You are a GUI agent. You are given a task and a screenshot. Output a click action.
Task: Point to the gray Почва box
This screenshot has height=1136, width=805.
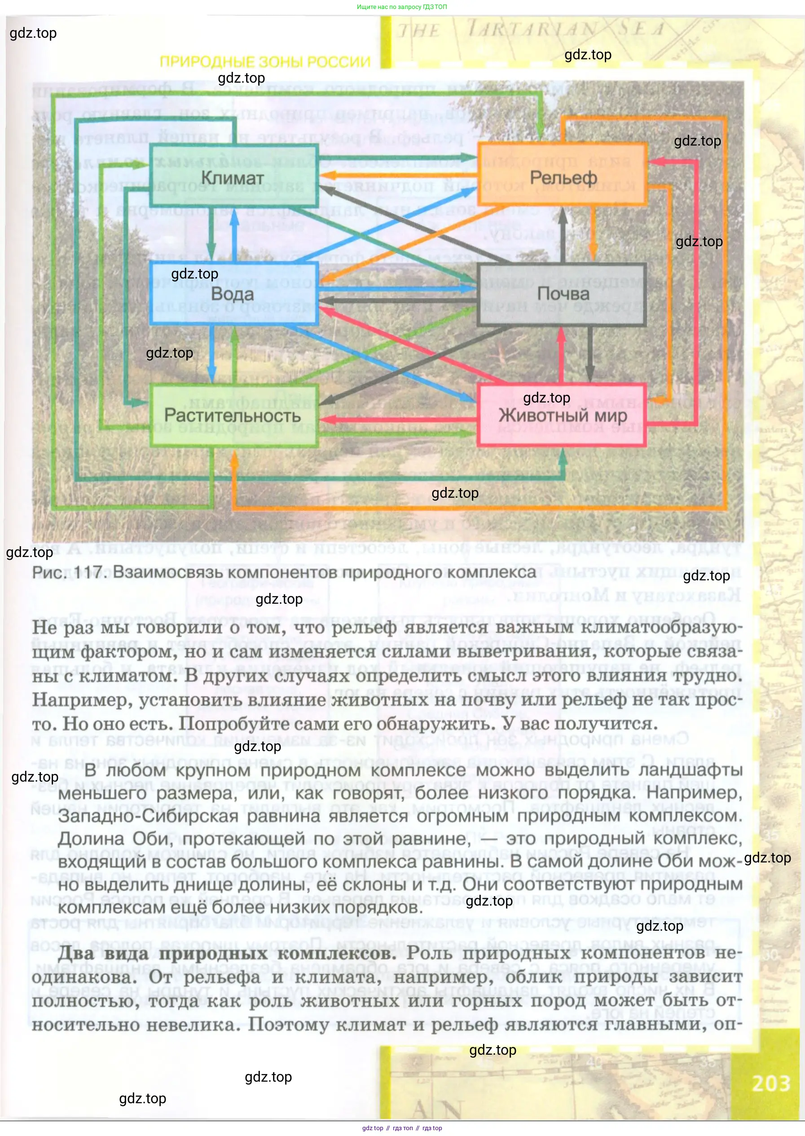click(563, 294)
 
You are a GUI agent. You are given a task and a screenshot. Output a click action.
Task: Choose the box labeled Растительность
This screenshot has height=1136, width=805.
click(233, 416)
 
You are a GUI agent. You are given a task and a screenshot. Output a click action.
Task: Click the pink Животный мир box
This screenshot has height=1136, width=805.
click(563, 416)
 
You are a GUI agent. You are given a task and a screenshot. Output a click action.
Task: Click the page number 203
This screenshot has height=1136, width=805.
click(771, 1083)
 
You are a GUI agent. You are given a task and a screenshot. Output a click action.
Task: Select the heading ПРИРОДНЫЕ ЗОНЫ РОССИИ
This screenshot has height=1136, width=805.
click(265, 62)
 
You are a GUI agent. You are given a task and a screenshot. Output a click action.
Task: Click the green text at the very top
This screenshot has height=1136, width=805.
click(401, 7)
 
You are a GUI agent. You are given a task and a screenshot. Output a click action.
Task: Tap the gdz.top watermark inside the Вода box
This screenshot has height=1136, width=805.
click(194, 274)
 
